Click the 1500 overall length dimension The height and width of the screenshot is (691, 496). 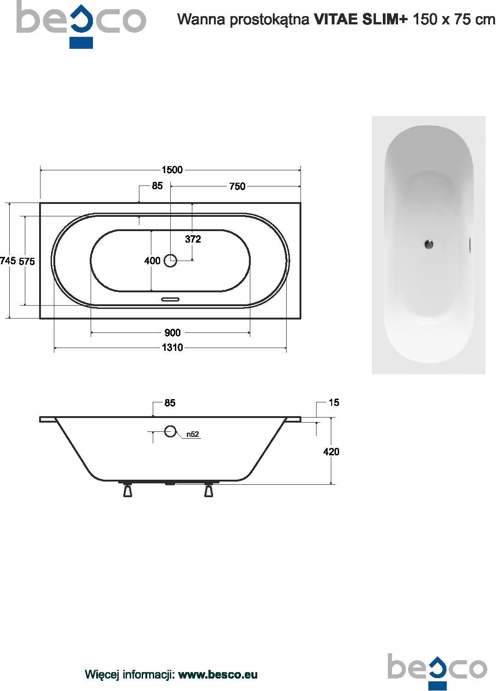click(172, 170)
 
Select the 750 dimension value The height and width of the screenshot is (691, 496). click(237, 186)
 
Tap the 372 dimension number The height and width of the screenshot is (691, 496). click(193, 239)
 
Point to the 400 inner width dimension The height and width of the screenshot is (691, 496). click(152, 261)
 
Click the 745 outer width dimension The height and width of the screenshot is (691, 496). click(8, 261)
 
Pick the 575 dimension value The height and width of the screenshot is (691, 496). click(27, 261)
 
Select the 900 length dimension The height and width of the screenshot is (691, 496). click(173, 332)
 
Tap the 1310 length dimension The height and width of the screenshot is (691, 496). click(173, 348)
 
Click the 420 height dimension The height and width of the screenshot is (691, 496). click(331, 452)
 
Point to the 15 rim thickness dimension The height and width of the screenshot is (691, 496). click(334, 402)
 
